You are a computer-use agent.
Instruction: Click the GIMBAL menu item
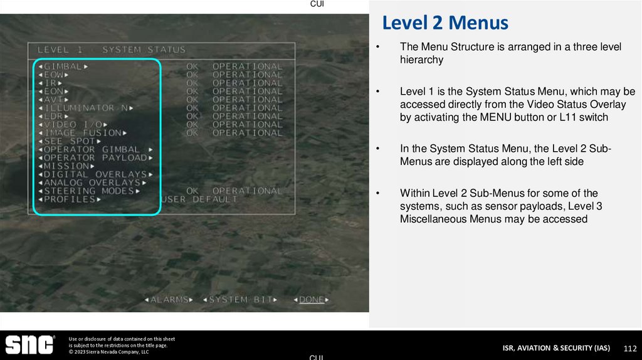pos(63,66)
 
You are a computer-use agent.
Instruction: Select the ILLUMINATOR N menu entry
pos(86,108)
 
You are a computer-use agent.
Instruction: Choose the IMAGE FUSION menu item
pos(83,133)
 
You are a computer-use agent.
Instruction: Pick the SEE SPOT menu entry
pos(69,141)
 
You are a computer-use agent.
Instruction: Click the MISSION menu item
pos(65,166)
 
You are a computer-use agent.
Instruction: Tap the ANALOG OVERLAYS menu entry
pos(92,183)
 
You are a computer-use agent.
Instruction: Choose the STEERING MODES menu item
pos(89,191)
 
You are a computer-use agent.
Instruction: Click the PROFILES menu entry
pos(69,199)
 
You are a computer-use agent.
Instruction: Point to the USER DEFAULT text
pos(199,199)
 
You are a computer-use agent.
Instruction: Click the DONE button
pos(312,300)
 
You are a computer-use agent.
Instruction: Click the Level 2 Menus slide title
pos(445,24)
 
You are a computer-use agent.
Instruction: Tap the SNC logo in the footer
pos(29,344)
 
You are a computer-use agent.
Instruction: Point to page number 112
pos(629,348)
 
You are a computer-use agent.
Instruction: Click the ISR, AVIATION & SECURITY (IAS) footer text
pos(555,348)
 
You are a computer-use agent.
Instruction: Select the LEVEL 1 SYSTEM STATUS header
pos(112,50)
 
